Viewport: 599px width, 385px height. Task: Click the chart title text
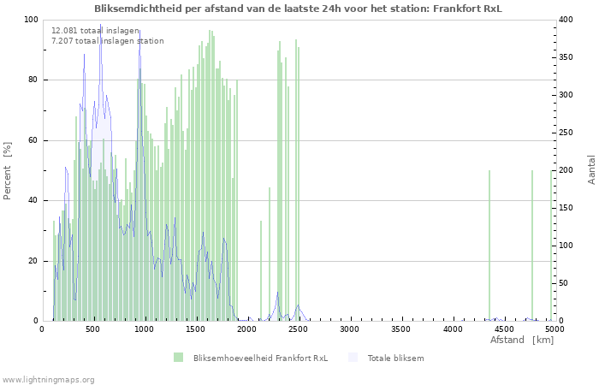pos(298,9)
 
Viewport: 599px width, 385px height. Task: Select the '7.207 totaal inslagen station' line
pos(107,40)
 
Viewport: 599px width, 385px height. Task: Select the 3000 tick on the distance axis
pos(349,329)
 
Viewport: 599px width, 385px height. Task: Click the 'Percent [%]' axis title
pos(8,171)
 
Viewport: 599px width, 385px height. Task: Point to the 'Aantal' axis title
pos(592,169)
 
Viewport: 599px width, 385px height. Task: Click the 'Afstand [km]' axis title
pos(522,341)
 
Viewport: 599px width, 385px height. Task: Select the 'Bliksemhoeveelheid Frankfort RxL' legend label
pos(260,358)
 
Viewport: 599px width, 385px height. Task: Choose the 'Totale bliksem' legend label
pos(395,358)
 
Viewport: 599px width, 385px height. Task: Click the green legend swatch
pos(178,358)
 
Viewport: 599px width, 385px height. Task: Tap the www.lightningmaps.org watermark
pos(49,379)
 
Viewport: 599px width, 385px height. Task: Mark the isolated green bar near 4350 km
pos(489,248)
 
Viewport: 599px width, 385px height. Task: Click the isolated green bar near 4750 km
pos(531,248)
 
